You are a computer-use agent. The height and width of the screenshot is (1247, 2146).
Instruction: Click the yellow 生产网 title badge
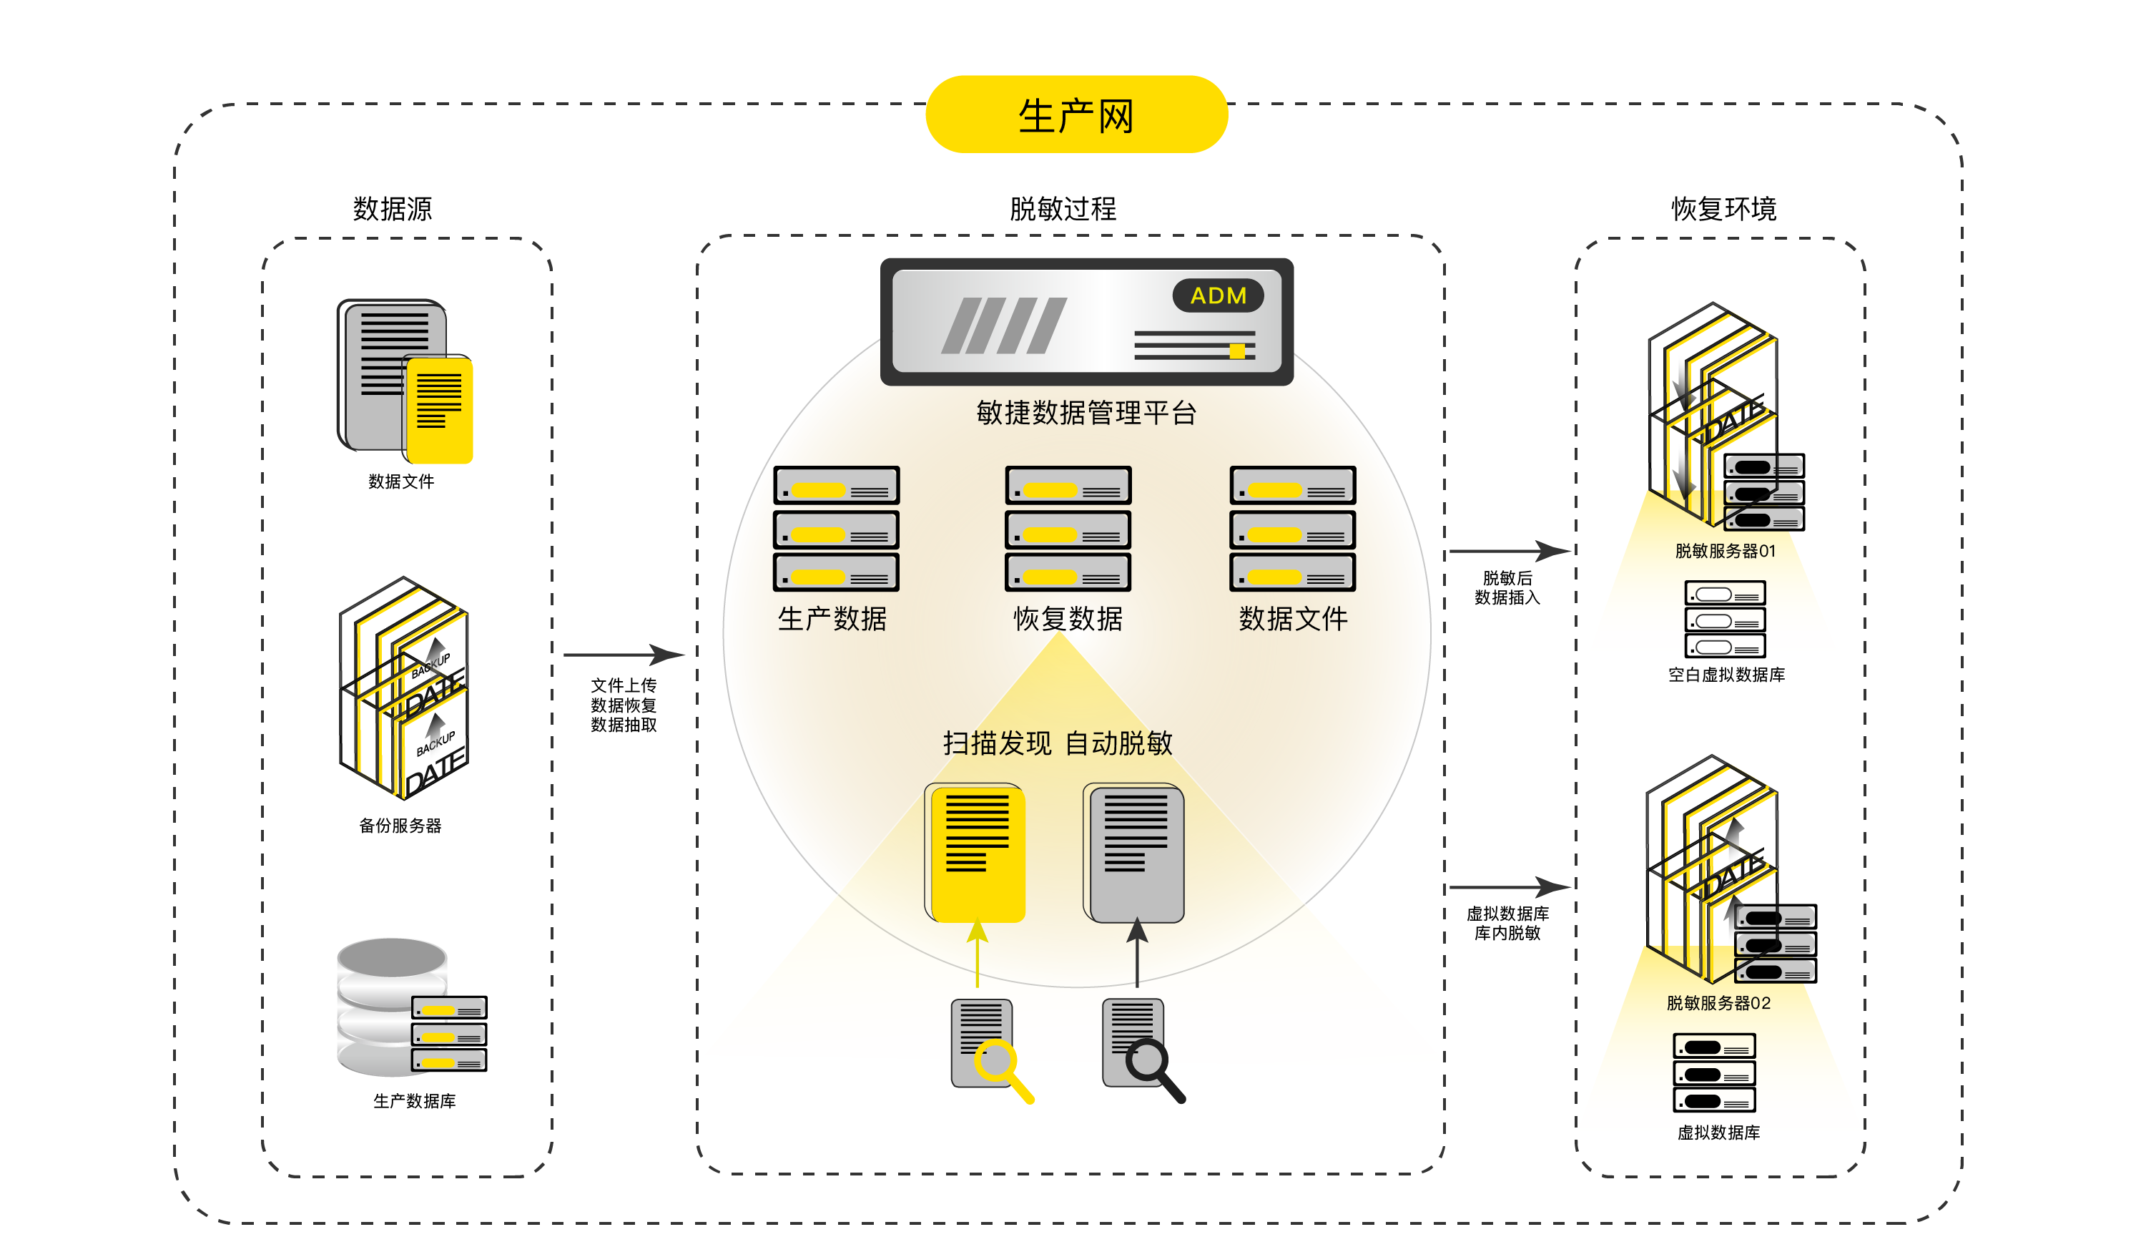(1076, 115)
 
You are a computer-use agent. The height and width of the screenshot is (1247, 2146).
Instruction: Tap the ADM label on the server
(1218, 295)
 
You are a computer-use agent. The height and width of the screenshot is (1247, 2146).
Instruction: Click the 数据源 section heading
(393, 209)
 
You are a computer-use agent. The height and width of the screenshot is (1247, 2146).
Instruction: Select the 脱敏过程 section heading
(1062, 209)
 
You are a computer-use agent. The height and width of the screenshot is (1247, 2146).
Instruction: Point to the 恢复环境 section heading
(1723, 209)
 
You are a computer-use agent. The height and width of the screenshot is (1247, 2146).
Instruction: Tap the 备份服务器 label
(400, 826)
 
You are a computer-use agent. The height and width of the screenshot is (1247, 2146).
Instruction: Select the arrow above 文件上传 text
(624, 654)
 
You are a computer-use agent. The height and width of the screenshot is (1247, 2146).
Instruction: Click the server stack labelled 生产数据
(836, 529)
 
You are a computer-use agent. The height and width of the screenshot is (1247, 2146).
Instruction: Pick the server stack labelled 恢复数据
(1068, 529)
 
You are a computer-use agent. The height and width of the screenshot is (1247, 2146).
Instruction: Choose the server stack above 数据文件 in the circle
(1293, 529)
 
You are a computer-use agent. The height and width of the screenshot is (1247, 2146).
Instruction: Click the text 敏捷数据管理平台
(1087, 413)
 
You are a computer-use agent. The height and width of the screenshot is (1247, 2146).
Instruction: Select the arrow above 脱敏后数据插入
(1509, 551)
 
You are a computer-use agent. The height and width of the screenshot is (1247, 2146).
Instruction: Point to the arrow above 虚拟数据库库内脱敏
(1509, 888)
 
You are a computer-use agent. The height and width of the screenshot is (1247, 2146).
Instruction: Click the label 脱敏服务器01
(1725, 551)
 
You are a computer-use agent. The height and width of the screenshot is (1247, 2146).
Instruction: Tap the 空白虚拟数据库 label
(1726, 675)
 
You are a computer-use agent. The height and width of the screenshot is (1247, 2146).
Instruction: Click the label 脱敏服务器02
(1718, 1002)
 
